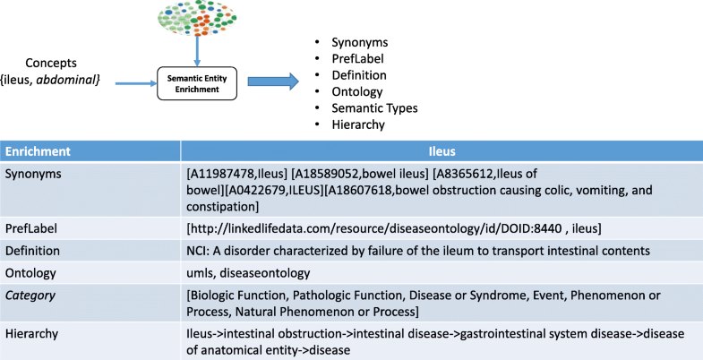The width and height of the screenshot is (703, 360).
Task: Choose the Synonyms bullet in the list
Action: click(x=358, y=42)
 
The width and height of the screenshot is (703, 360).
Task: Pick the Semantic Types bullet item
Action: click(x=374, y=108)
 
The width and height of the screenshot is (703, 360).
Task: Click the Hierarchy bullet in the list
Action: click(x=359, y=124)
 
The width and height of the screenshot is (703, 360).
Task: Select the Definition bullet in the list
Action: click(x=359, y=75)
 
